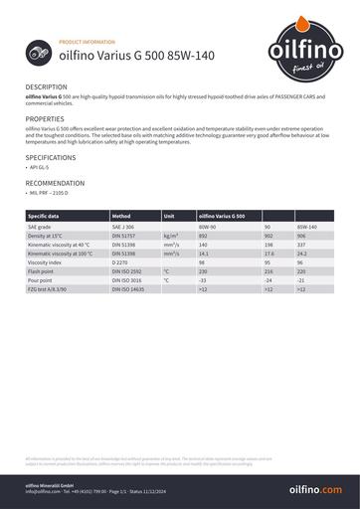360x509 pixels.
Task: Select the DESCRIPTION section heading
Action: point(47,87)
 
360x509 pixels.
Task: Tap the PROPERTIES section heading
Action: point(45,118)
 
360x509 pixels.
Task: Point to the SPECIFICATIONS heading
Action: point(50,157)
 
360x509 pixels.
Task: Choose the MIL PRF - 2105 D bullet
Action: point(50,195)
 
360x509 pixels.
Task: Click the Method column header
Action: point(121,215)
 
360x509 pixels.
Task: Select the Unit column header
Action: point(170,215)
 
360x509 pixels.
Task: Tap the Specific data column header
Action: point(44,215)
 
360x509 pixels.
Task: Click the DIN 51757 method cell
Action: point(123,235)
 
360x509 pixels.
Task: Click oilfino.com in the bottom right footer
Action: point(314,490)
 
